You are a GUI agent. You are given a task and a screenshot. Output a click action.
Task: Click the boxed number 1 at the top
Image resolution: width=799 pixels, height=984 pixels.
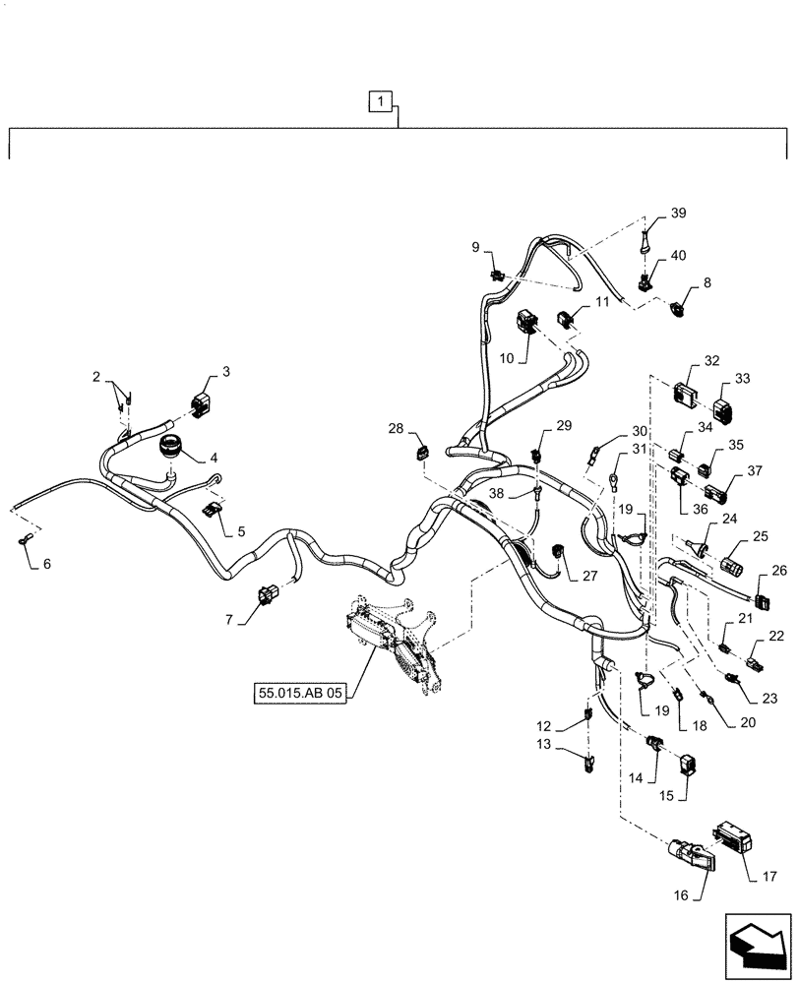click(x=381, y=99)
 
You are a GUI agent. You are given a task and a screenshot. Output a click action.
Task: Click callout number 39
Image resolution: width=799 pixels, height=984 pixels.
click(x=679, y=214)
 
